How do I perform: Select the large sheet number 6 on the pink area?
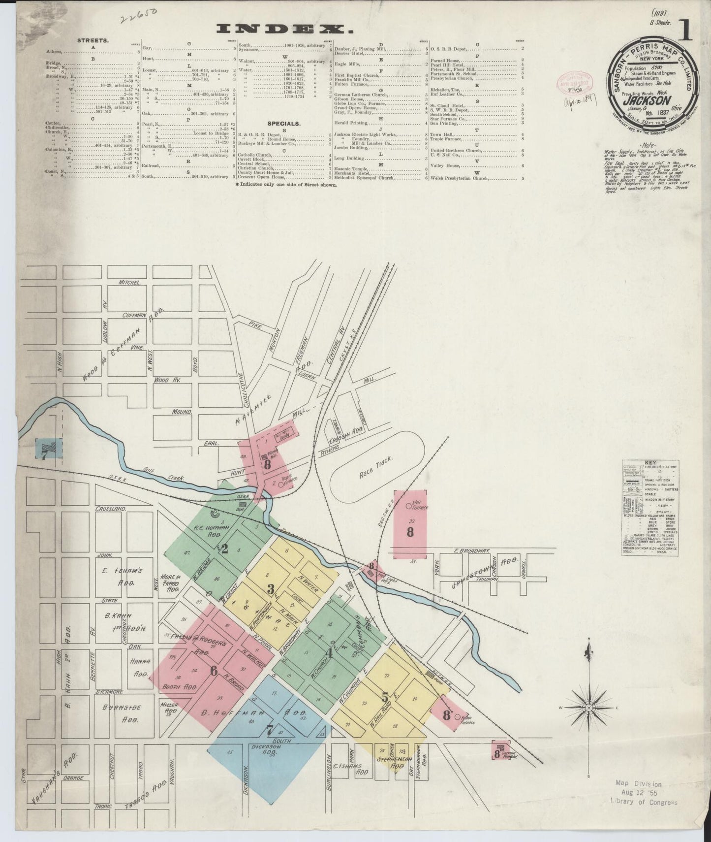214,671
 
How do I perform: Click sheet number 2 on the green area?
225,549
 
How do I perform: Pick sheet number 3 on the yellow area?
270,588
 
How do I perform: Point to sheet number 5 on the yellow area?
385,697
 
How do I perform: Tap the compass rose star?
588,708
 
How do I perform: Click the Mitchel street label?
130,283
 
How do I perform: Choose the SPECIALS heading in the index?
284,123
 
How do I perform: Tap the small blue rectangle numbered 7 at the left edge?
48,450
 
